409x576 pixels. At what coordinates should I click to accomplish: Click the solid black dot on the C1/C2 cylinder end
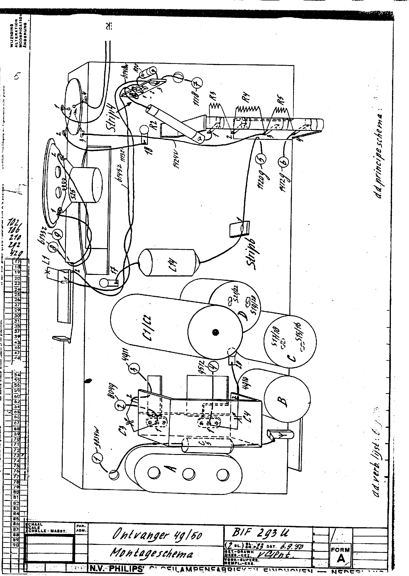[215, 332]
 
